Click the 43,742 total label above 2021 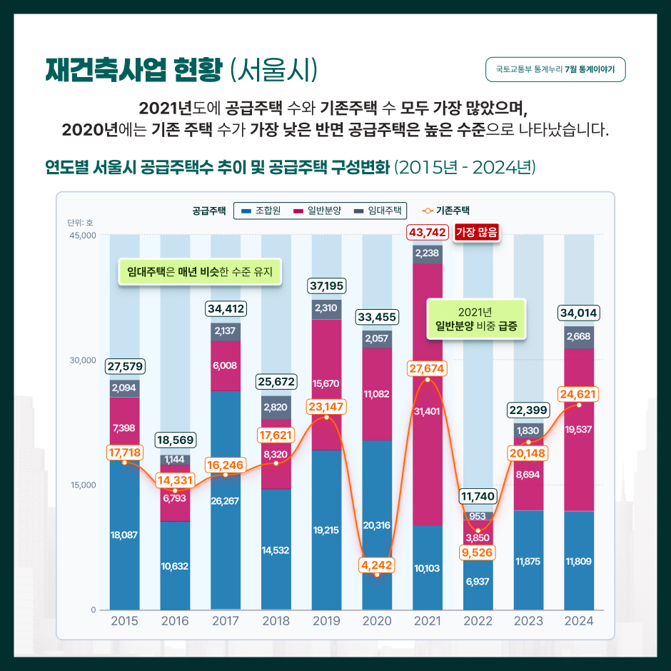click(428, 232)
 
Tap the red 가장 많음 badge click(476, 232)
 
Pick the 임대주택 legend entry click(378, 211)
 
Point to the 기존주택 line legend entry click(446, 211)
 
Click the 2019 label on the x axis click(326, 621)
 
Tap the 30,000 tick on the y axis click(83, 360)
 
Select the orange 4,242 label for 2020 click(377, 564)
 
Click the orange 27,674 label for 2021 click(427, 368)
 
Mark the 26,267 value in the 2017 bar click(226, 500)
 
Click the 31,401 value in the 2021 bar click(427, 411)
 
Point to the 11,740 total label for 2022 click(478, 496)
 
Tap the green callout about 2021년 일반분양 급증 click(476, 320)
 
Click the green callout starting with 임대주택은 click(200, 272)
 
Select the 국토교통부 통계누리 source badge click(555, 70)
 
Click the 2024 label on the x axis click(579, 621)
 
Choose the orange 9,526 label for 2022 click(478, 553)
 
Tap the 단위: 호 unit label click(81, 223)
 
